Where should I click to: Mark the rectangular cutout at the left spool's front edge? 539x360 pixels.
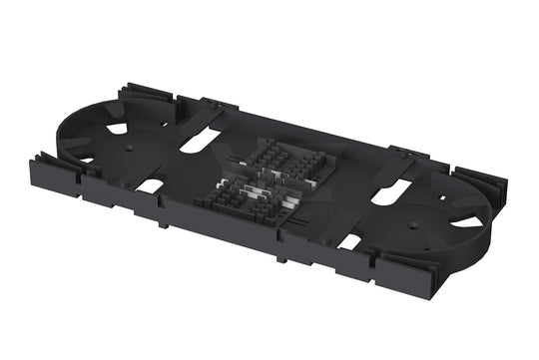click(150, 185)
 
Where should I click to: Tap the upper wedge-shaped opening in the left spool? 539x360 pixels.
click(118, 128)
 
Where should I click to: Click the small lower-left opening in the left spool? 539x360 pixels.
click(88, 159)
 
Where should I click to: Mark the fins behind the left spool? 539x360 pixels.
click(134, 96)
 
